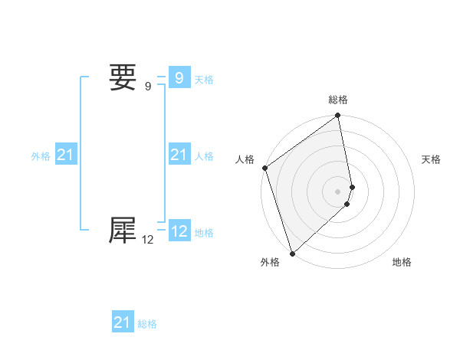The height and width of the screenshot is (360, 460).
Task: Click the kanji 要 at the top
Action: pos(123,77)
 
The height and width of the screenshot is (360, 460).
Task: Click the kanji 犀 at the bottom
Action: pos(123,231)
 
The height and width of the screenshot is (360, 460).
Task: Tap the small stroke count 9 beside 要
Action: pos(148,86)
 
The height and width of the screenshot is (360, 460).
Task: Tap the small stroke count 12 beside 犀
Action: pos(148,239)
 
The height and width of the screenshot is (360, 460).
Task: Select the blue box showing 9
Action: pos(179,78)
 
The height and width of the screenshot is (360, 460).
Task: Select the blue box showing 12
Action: pos(179,231)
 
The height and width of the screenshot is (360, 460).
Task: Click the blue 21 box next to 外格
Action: pos(65,155)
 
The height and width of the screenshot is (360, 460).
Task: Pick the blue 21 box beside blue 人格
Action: pos(179,155)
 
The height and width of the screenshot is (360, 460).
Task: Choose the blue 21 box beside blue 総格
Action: pos(123,322)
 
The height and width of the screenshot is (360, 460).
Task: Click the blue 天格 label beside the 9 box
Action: pos(204,79)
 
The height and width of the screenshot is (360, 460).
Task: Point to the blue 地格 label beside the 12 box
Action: pos(204,232)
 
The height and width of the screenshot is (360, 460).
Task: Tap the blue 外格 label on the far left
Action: pos(41,156)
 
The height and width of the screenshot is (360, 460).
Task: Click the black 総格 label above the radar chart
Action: pos(338,100)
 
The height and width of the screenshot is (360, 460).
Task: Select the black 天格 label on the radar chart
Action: pos(432,159)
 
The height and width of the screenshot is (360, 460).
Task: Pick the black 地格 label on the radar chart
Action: pos(402,262)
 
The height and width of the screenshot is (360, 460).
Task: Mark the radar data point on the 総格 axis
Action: pos(338,116)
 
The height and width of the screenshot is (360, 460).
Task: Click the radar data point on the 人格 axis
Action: pos(264,168)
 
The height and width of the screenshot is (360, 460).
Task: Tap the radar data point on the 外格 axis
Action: pos(292,254)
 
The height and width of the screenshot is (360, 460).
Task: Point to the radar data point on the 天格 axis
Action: pos(352,187)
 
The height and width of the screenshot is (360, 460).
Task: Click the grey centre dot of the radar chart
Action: pos(338,191)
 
